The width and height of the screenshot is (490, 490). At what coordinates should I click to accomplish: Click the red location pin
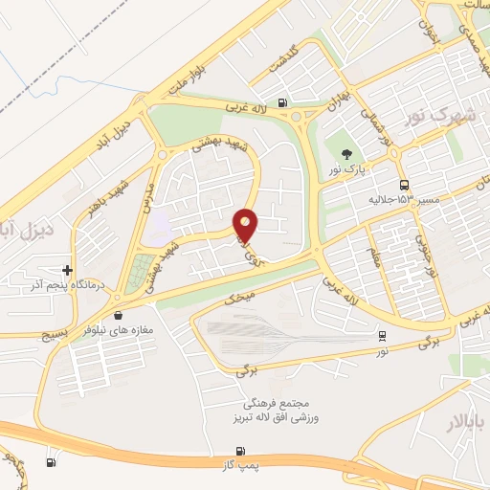[x=246, y=225]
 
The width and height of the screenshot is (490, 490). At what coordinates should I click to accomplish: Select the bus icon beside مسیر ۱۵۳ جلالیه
[x=404, y=184]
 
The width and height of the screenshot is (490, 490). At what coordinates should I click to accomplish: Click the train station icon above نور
[x=383, y=336]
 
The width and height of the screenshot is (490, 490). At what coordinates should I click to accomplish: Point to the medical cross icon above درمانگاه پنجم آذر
[x=66, y=270]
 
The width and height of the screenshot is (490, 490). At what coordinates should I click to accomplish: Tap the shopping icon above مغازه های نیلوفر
[x=118, y=314]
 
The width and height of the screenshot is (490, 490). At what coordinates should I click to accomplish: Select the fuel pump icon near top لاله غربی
[x=281, y=103]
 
